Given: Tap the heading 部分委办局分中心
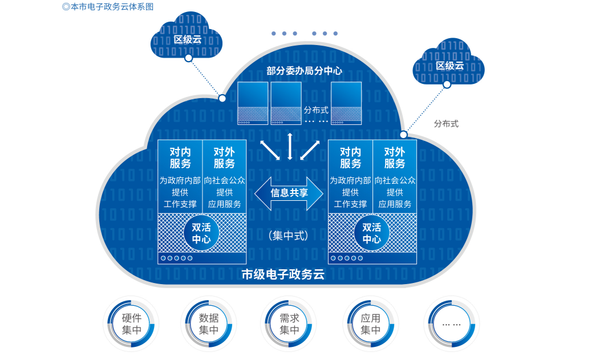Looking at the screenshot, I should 304,71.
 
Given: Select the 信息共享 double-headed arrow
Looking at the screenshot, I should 289,193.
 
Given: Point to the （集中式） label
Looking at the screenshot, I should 289,236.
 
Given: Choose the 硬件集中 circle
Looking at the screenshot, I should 131,323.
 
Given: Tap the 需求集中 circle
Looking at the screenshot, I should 289,323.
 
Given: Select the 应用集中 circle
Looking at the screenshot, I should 370,323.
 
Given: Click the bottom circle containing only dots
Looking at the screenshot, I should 451,323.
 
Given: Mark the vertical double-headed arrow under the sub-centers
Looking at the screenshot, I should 290,147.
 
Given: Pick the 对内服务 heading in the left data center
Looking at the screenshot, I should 180,158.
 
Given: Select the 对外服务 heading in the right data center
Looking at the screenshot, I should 395,158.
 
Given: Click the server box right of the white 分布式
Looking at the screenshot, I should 346,103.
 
